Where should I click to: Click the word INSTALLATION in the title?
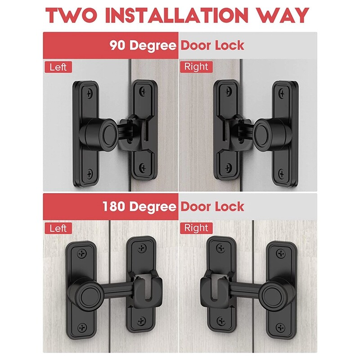click(177, 16)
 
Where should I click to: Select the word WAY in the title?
click(283, 16)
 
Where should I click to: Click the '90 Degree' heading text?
click(143, 45)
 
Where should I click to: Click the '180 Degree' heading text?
click(139, 207)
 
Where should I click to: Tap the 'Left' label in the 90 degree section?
click(58, 67)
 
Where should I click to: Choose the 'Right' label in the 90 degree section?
click(196, 67)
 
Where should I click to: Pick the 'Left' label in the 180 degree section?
click(58, 229)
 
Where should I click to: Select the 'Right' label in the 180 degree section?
click(196, 228)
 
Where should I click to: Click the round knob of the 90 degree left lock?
click(108, 133)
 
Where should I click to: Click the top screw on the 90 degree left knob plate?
click(89, 94)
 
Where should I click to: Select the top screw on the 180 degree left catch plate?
click(142, 248)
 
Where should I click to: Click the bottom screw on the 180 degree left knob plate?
click(82, 328)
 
